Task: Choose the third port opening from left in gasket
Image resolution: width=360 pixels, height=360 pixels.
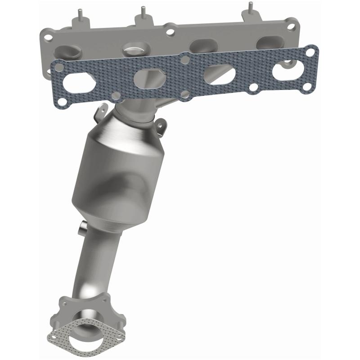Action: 219,72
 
